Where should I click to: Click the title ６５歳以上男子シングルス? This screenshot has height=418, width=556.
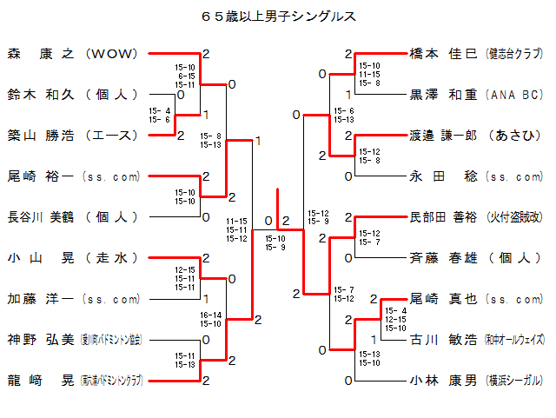point(278,17)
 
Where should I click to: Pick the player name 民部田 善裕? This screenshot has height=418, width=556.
point(443,217)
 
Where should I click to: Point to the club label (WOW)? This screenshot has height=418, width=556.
point(112,54)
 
